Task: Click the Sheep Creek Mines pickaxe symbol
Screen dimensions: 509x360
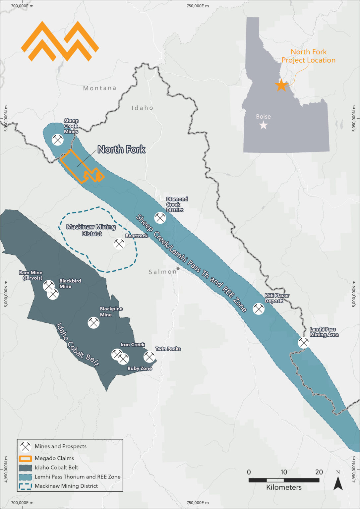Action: click(58, 140)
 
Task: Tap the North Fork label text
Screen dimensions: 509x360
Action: click(121, 149)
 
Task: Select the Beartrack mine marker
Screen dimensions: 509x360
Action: click(119, 244)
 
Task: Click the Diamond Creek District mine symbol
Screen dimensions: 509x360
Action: click(160, 218)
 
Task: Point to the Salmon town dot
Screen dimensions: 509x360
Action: click(178, 268)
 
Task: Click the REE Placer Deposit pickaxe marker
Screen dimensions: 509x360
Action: click(259, 309)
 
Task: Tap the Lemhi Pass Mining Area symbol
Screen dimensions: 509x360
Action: click(303, 342)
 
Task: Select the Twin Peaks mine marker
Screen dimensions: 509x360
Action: click(149, 357)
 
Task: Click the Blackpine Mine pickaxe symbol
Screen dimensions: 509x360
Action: click(93, 322)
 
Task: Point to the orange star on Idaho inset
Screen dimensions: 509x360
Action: click(281, 85)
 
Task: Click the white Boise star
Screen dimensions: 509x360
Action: click(263, 125)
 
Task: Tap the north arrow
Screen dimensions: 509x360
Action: click(338, 483)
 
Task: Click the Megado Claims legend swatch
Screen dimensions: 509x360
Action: click(25, 458)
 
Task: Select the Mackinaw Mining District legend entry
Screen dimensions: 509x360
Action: click(66, 486)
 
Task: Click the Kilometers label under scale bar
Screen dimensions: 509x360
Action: click(284, 487)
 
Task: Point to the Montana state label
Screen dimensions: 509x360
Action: click(99, 88)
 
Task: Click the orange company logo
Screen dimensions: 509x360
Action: click(60, 41)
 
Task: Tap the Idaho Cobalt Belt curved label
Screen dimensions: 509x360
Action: click(77, 345)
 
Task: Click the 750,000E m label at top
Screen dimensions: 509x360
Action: click(198, 6)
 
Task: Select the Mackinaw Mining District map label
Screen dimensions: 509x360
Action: click(91, 230)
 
